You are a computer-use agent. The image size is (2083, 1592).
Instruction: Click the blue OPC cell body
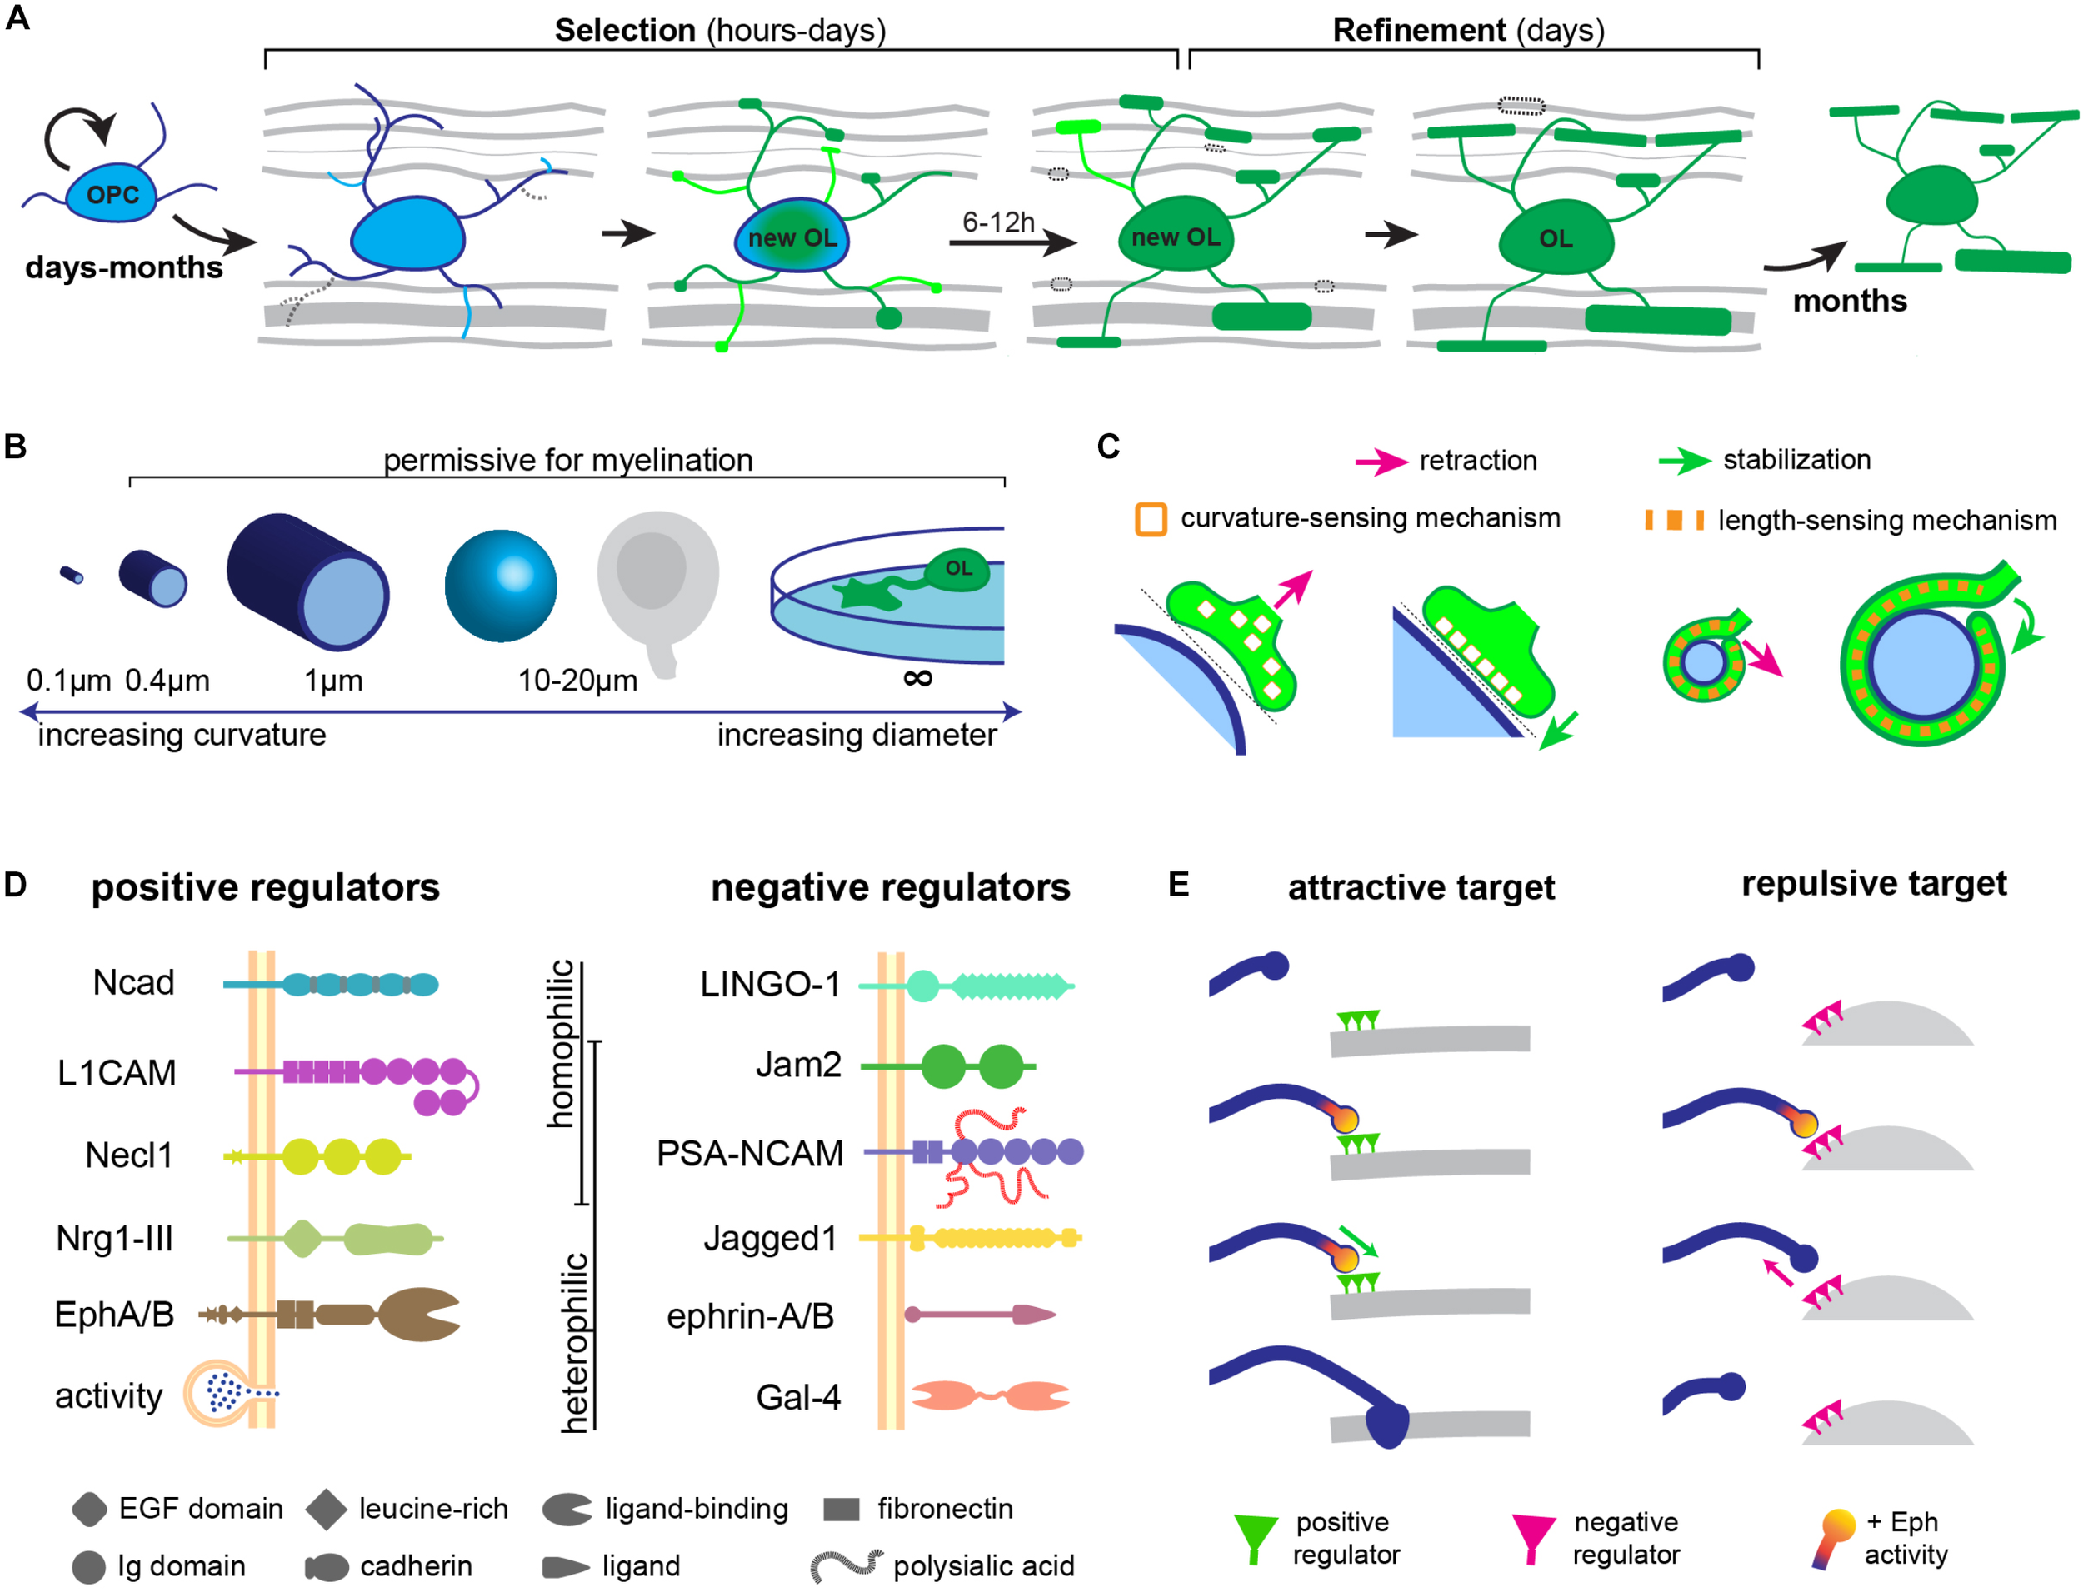111,195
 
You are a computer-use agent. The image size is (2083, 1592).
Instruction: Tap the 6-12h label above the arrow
997,222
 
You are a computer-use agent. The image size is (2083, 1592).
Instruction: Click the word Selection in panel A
625,30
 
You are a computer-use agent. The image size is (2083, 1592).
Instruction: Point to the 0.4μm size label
167,681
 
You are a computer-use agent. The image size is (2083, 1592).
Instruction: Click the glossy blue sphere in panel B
501,586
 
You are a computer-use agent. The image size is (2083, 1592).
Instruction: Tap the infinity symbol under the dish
917,678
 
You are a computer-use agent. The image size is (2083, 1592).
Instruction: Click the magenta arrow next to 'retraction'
1380,462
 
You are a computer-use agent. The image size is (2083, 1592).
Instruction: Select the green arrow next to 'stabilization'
1683,462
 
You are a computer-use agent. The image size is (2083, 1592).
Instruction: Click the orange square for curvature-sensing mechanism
1150,520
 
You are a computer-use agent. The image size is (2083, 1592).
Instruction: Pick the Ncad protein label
133,983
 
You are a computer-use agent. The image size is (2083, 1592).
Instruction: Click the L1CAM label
117,1073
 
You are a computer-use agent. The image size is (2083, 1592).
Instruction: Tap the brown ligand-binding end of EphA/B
421,1314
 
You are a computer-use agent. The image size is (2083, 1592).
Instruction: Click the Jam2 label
798,1065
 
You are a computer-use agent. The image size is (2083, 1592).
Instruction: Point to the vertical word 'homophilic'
561,1043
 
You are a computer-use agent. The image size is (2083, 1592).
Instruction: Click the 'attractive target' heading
1421,888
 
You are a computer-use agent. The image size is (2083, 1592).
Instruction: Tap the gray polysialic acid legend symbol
846,1565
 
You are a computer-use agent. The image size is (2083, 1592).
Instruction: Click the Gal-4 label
798,1398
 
